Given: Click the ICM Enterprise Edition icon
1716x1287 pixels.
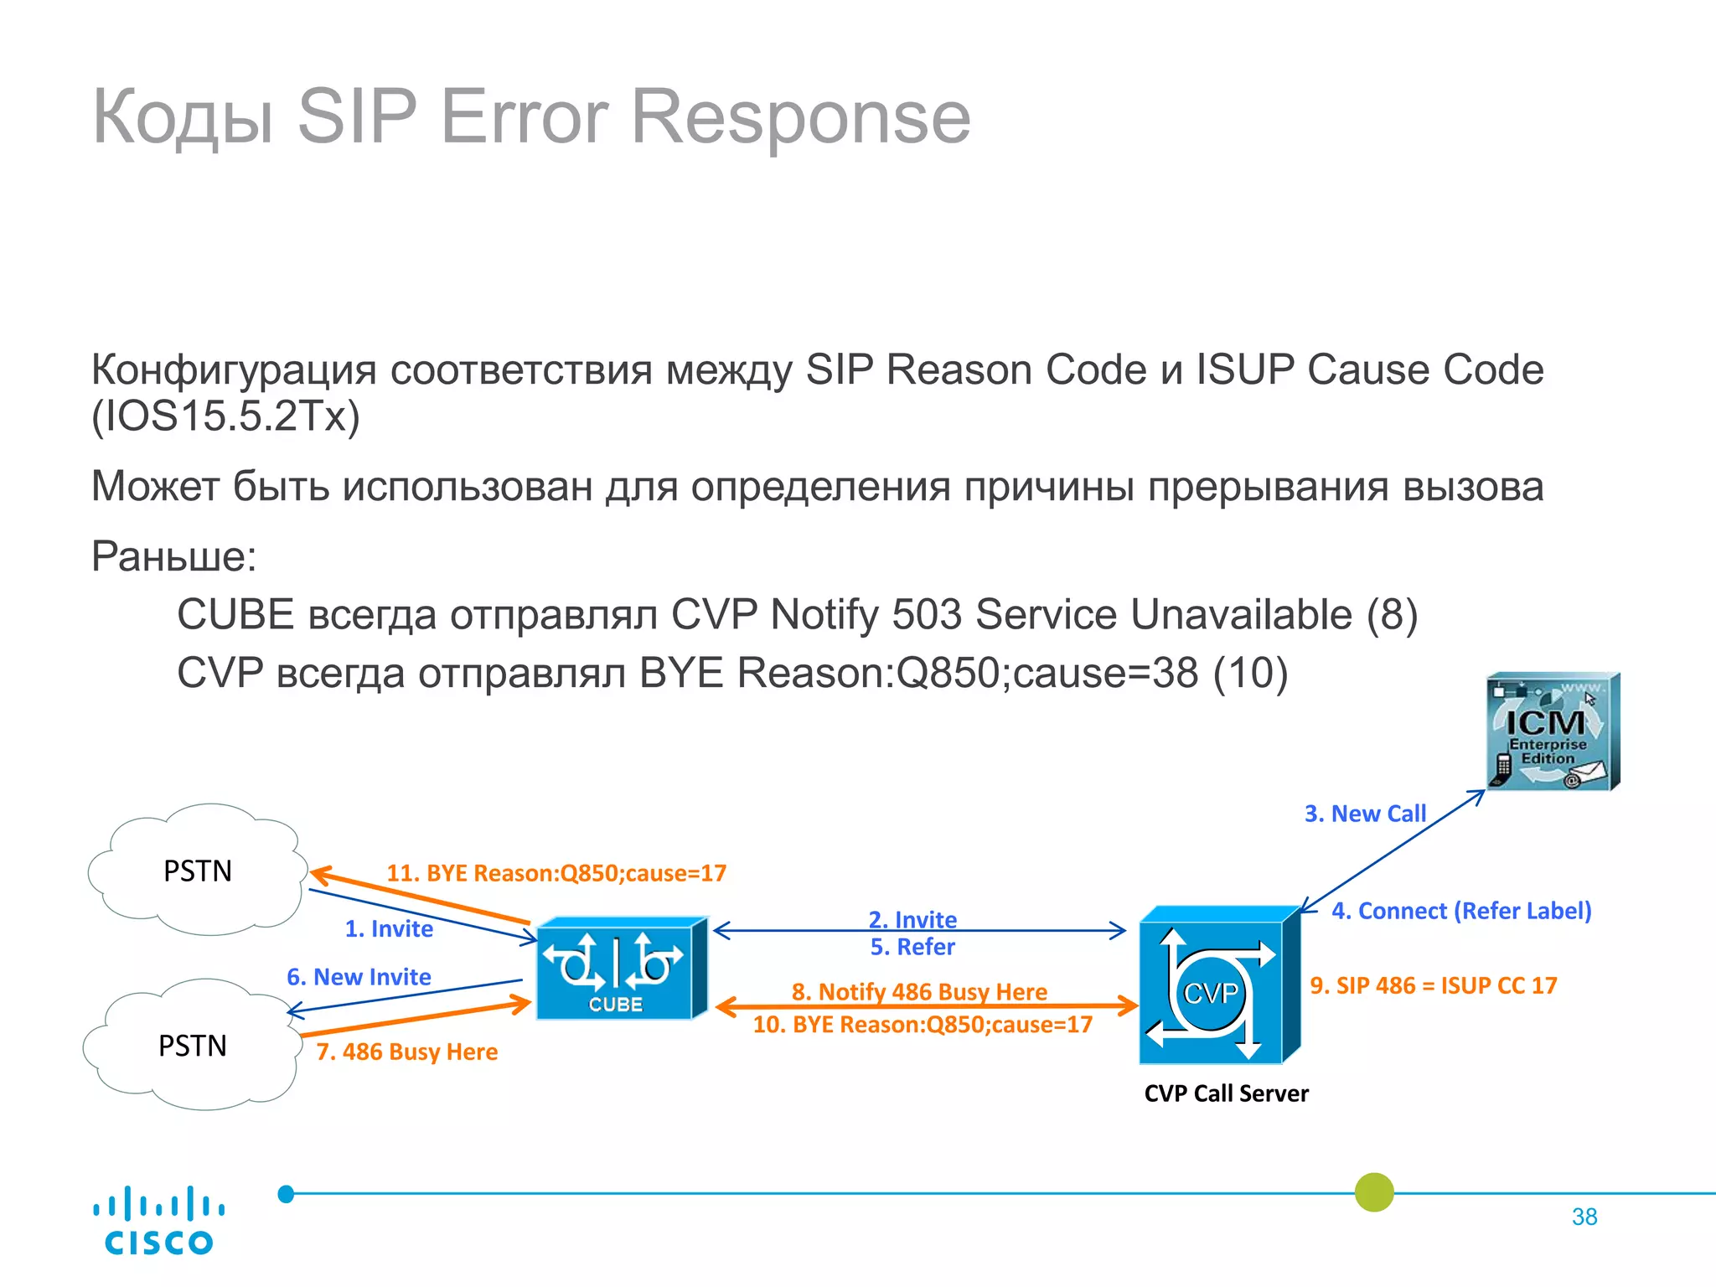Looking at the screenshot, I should [1553, 731].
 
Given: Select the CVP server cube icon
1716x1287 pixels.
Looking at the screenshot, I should [1218, 985].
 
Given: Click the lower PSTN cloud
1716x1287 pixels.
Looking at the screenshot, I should [193, 1045].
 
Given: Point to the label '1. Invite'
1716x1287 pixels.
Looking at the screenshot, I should [389, 928].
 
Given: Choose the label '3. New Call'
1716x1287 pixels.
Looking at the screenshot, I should [1365, 814].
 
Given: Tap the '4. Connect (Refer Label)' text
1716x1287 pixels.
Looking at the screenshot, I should [1461, 911].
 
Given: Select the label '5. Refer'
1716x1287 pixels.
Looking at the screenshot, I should [912, 947].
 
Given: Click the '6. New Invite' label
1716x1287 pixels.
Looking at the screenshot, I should [359, 977].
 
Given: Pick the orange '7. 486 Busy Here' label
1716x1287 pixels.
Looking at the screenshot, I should [406, 1052].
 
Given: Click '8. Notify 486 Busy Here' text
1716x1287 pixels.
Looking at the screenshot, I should [919, 991].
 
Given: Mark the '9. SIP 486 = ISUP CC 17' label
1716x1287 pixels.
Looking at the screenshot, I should [1434, 985].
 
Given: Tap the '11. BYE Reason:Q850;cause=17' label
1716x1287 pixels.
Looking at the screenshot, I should [556, 873].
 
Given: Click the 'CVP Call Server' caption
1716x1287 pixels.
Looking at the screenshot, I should [1226, 1093].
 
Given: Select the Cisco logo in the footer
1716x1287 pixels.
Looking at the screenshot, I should [158, 1221].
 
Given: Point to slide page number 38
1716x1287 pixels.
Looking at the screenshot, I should [1584, 1217].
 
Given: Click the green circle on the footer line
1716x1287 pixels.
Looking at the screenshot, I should [1374, 1192].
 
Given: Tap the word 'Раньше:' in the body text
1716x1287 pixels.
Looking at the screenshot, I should [174, 556].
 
